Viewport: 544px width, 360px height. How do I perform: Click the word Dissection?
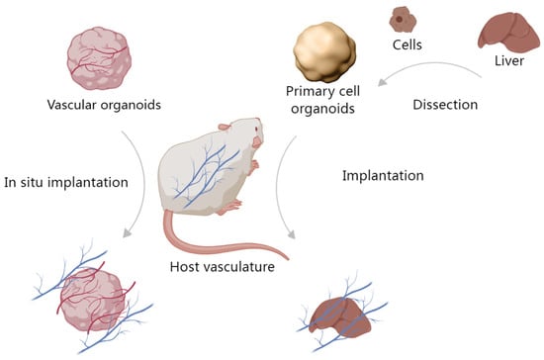(x=444, y=102)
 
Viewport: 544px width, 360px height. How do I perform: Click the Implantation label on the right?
(x=384, y=175)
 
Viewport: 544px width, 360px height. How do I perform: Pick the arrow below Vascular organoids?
(x=140, y=188)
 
